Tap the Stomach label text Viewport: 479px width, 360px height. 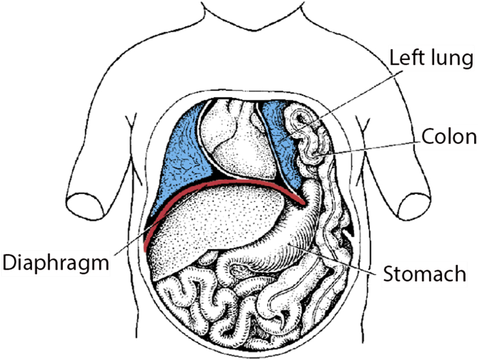(424, 273)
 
